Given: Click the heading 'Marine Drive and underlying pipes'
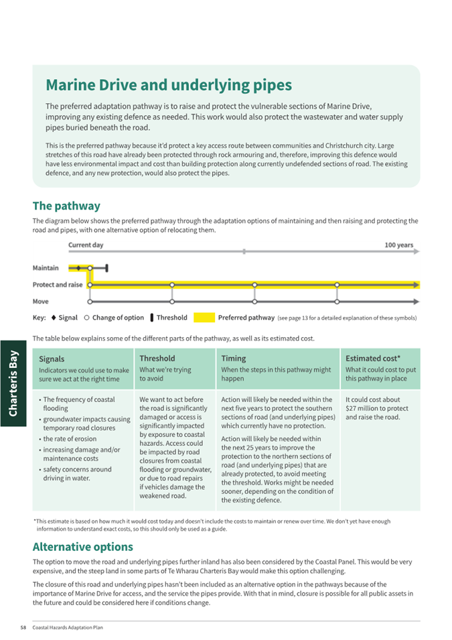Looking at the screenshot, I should pos(168,86).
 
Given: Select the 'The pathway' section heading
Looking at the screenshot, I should pos(66,206).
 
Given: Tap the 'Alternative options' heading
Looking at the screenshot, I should pos(82,547).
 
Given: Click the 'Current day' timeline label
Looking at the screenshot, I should pos(86,245).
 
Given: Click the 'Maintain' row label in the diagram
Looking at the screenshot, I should pos(46,268).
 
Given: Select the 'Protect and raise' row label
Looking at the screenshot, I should pos(58,285).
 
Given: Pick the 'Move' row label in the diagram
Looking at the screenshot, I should pos(41,302).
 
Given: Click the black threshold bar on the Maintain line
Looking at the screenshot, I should pos(107,268).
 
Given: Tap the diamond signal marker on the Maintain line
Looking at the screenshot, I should pos(78,268).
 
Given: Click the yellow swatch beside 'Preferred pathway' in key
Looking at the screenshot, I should pos(204,318).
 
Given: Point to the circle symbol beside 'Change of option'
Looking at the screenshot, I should pos(87,318).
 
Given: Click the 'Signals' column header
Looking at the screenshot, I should pos(52,359).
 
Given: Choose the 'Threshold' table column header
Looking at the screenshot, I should pos(157,359).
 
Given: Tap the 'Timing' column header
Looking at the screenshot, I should pos(233,359).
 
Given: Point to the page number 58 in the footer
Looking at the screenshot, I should pos(23,627).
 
